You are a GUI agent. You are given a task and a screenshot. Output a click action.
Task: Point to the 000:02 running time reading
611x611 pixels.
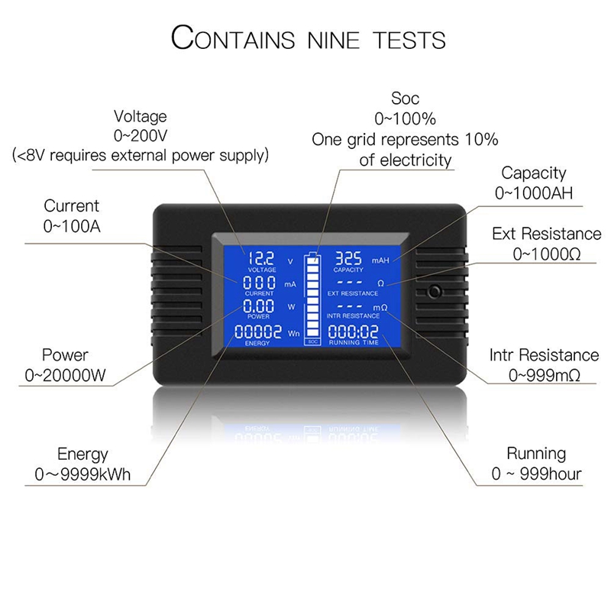353,332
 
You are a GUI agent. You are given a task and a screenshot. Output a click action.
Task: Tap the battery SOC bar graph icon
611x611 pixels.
312,297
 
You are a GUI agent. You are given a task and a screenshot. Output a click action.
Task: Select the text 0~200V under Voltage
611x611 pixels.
140,136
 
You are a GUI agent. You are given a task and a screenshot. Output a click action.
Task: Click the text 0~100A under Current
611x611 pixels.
70,226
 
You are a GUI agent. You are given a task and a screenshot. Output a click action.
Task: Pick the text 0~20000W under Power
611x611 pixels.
64,375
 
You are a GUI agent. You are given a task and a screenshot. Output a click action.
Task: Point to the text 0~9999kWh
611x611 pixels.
82,474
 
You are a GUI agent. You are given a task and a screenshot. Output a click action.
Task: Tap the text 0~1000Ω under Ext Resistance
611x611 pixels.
546,253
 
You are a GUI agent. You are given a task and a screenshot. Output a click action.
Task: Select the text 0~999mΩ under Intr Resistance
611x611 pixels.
544,375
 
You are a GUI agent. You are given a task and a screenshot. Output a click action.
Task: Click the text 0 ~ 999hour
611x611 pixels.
535,474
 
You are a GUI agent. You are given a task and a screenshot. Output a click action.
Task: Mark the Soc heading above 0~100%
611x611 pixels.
405,99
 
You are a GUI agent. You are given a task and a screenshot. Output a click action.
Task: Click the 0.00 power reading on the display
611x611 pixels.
257,307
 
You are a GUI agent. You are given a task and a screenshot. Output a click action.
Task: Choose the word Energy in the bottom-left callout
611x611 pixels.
82,454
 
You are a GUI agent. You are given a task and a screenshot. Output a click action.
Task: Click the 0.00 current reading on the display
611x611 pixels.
257,283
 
